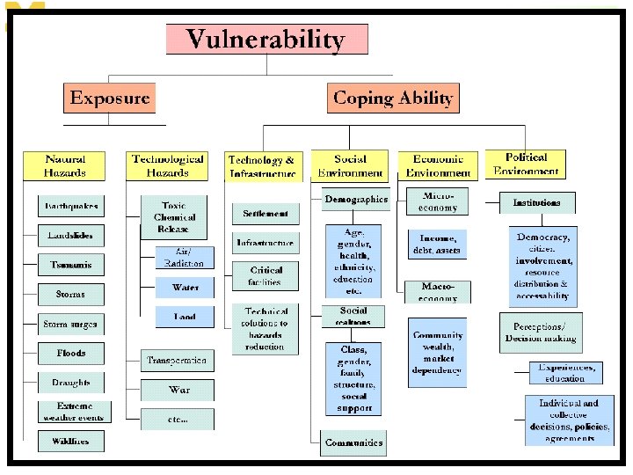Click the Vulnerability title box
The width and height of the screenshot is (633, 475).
coord(266,40)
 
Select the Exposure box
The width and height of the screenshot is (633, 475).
coord(109,98)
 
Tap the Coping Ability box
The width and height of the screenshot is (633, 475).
coord(393,98)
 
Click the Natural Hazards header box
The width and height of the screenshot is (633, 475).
coord(66,166)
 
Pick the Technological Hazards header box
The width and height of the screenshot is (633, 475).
coord(168,166)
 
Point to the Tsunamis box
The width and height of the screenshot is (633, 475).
coord(71,265)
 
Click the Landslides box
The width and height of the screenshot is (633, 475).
coord(71,236)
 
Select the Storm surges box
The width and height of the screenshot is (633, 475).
coord(71,325)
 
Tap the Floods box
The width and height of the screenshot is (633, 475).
coord(71,354)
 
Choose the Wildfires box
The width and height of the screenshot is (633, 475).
coord(71,441)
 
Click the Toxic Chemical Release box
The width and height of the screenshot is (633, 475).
coord(174,217)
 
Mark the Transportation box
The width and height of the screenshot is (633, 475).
coord(178,361)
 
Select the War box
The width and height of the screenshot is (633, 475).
coord(178,389)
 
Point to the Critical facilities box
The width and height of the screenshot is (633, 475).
coord(266,276)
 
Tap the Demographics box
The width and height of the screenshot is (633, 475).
coord(355,200)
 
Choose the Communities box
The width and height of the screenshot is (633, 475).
coord(353,442)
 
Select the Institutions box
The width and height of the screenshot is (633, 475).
coord(537,203)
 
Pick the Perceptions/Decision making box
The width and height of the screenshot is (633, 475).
coord(541,332)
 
